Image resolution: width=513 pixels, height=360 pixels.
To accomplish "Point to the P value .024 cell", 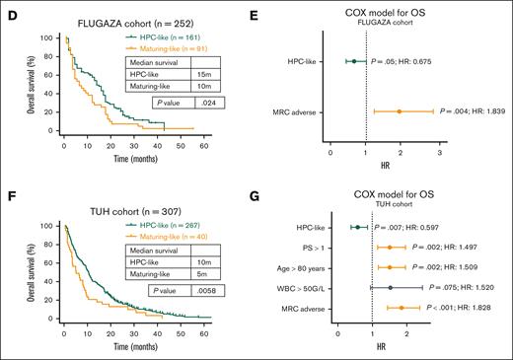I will [209, 102].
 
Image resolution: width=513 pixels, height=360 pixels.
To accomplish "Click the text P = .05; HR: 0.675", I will [424, 60].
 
